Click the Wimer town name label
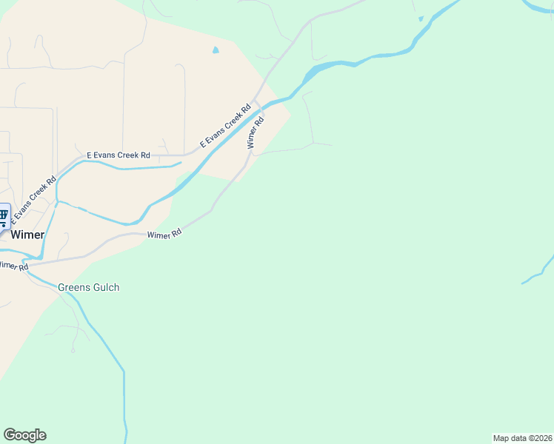click(27, 235)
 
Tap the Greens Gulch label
click(88, 287)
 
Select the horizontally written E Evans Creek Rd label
click(119, 155)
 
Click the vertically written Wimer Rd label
click(256, 132)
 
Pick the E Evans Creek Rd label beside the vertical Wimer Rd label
click(226, 125)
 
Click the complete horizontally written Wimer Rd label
click(164, 235)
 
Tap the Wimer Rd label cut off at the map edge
click(13, 265)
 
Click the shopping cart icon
click(4, 216)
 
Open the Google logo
click(24, 435)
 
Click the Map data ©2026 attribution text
click(522, 438)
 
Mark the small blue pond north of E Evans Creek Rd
click(216, 50)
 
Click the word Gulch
click(105, 287)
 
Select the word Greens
click(74, 287)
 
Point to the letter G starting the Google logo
click(8, 435)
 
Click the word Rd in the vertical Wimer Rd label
click(259, 121)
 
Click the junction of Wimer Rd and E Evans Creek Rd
click(256, 101)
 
